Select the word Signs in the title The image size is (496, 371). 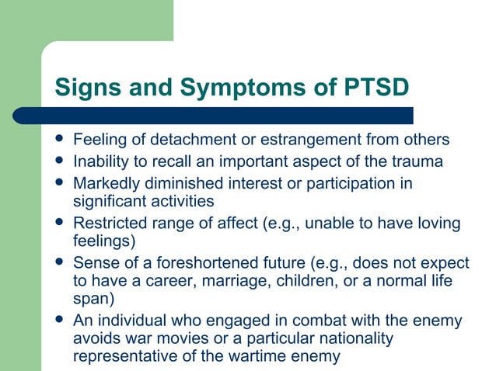click(86, 86)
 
